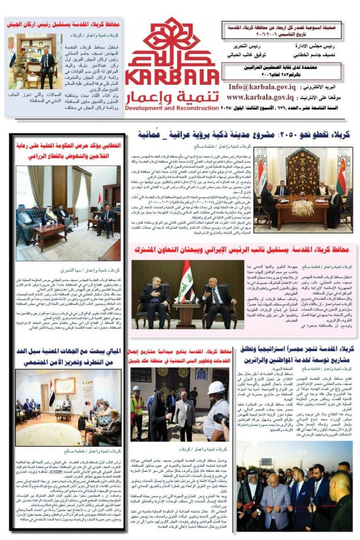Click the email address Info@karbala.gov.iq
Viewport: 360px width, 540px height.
pos(261,87)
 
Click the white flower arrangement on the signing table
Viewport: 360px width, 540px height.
pos(302,208)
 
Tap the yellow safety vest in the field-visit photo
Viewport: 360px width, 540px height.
pos(137,406)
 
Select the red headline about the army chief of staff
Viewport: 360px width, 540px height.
pos(63,24)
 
